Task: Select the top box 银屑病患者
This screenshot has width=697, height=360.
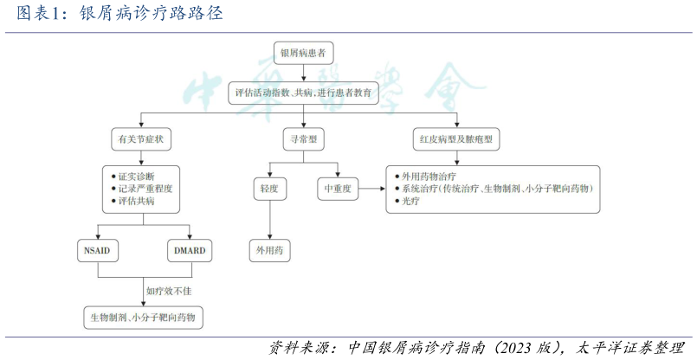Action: [x=302, y=54]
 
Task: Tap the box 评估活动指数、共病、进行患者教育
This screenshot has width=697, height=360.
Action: [x=303, y=92]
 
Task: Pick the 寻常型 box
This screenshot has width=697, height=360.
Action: [x=303, y=139]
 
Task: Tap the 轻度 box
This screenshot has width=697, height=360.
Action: [x=269, y=188]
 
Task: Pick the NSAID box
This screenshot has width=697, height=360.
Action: [x=99, y=251]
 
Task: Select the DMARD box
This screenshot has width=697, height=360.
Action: [x=189, y=251]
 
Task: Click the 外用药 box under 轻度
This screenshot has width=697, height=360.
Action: [x=269, y=251]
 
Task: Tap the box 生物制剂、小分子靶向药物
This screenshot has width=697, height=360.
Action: [x=144, y=318]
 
